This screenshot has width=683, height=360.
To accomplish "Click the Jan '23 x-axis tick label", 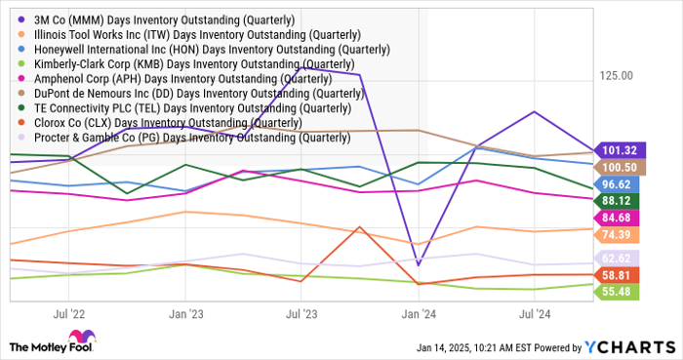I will [x=185, y=315].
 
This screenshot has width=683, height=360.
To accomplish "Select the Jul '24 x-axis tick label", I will [x=534, y=315].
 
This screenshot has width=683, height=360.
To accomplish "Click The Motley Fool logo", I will [x=50, y=344].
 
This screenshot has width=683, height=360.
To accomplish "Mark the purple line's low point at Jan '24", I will [x=418, y=264].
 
